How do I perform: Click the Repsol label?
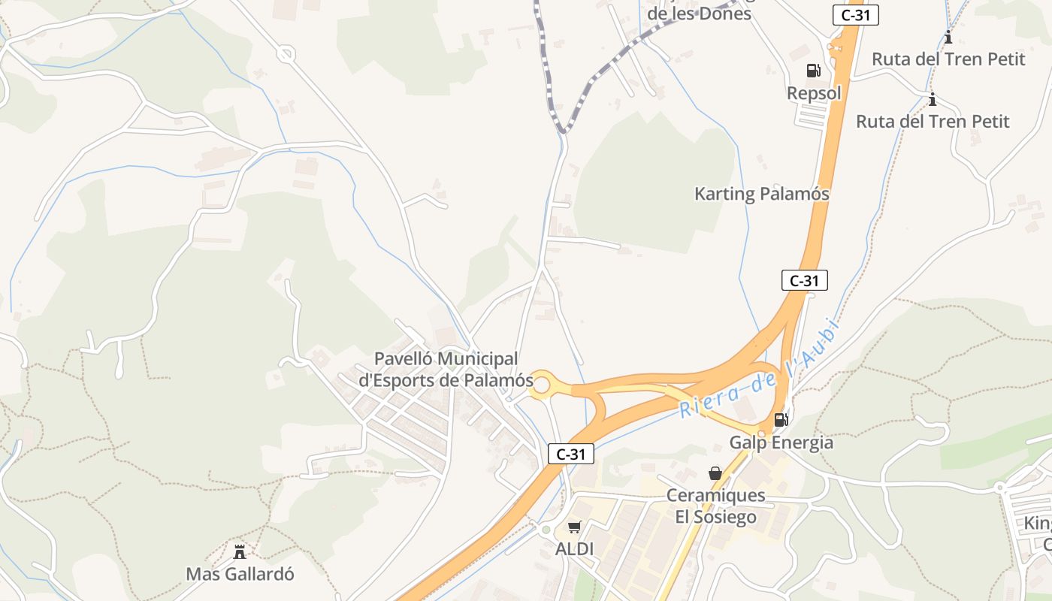pos(814,93)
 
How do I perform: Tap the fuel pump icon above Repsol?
pos(813,71)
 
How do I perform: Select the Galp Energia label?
pos(781,442)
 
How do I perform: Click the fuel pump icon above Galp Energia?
pos(781,419)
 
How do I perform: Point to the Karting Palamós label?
pos(761,194)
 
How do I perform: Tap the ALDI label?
pos(574,549)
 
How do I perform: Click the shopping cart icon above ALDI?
pos(574,527)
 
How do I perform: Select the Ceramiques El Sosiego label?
pos(715,506)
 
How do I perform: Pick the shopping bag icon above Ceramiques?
pos(715,473)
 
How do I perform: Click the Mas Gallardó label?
pos(240,575)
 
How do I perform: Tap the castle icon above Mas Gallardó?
pos(240,552)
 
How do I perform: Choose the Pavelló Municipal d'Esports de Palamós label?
pos(446,370)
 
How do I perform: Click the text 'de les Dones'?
pos(699,14)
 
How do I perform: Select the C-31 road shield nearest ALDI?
pos(571,454)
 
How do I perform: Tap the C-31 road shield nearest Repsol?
pos(855,15)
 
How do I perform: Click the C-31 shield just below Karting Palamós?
pos(804,281)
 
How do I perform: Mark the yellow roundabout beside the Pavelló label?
pos(543,385)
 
